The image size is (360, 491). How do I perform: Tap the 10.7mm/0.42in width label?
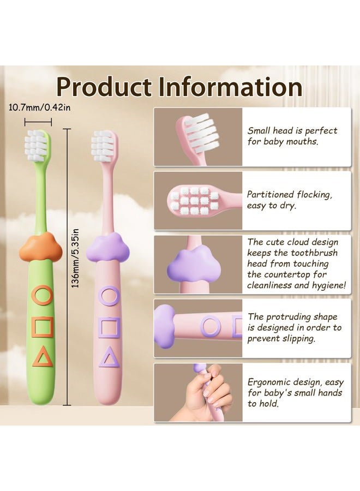(39, 107)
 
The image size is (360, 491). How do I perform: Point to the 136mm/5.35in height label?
(75, 259)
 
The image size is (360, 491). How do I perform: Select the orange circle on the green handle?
(41, 295)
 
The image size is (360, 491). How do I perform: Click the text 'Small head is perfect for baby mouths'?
(292, 136)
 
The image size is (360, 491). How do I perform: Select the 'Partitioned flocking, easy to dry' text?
(290, 200)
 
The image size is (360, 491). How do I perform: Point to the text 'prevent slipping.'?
(281, 338)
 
